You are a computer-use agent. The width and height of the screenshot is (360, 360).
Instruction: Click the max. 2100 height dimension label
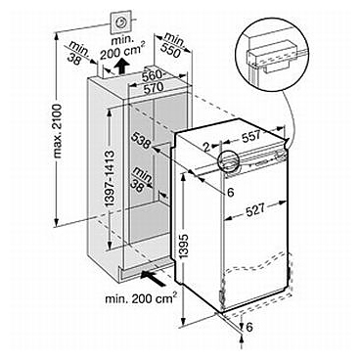click(59, 131)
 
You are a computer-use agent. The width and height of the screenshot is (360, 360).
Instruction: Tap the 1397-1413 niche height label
click(110, 179)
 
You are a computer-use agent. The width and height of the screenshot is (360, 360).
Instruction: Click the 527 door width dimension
click(254, 209)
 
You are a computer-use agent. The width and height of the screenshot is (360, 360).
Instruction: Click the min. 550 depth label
click(173, 46)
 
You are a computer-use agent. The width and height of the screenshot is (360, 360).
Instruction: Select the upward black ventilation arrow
click(121, 67)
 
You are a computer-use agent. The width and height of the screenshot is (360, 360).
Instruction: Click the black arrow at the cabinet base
click(153, 278)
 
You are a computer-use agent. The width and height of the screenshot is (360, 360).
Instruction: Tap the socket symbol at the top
click(120, 22)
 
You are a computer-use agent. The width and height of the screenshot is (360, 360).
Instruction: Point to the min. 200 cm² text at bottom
click(141, 297)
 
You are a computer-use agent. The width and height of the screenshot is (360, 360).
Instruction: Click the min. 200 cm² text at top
click(122, 46)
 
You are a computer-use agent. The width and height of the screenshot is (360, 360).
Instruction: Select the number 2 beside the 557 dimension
click(204, 148)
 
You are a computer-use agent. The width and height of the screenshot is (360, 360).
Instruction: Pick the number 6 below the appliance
click(248, 327)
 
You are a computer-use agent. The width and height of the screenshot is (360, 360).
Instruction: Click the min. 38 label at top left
click(78, 52)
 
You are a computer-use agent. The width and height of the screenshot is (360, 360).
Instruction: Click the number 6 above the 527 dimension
click(231, 193)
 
